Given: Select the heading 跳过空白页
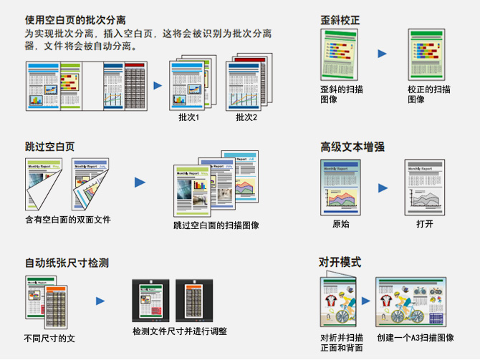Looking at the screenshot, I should click(x=49, y=146).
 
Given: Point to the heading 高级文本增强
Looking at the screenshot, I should click(x=352, y=147).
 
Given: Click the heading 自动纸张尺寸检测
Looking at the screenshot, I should click(x=66, y=263).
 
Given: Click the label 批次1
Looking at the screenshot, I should click(x=188, y=117).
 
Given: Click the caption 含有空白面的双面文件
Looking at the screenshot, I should click(x=68, y=220).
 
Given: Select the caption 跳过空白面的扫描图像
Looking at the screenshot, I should click(x=216, y=225).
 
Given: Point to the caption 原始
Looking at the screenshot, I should click(x=341, y=224).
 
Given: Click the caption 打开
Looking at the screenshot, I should click(x=425, y=224).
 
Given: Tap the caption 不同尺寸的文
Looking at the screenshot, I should click(x=49, y=337).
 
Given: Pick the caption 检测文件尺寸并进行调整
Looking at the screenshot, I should click(x=180, y=331).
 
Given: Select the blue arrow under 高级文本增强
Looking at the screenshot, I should click(x=383, y=188).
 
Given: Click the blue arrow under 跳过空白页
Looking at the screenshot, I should click(x=140, y=182).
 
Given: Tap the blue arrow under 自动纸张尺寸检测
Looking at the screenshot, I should click(x=101, y=301).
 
